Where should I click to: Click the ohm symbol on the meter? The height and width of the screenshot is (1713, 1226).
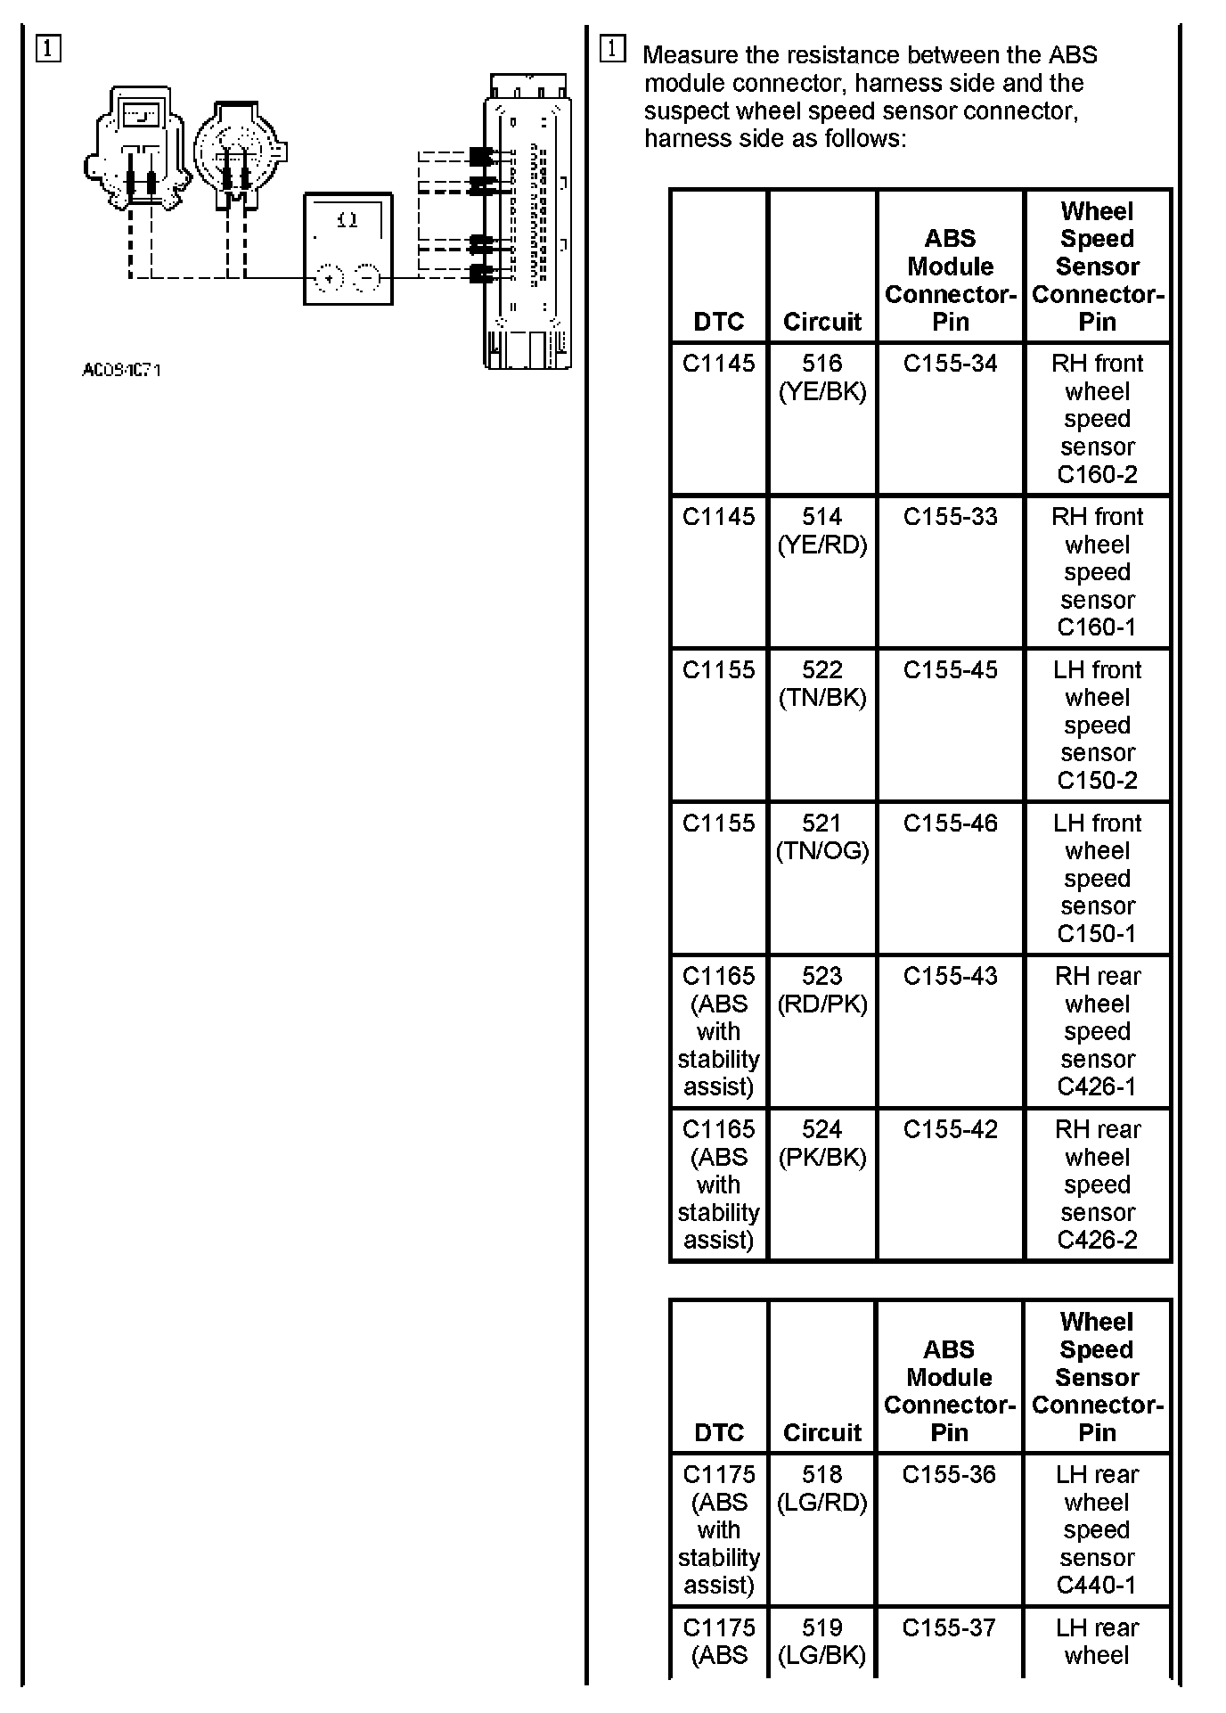point(348,219)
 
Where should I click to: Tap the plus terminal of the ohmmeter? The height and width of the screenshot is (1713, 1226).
point(329,278)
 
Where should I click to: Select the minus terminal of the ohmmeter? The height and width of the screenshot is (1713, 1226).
point(366,278)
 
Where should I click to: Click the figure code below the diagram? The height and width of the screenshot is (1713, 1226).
point(121,370)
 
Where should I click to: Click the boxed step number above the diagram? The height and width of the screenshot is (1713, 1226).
point(49,49)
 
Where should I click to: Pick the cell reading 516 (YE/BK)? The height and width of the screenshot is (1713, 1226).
point(821,378)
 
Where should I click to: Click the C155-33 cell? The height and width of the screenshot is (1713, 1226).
point(950,517)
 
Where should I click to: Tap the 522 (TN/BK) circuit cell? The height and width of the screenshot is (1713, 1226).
point(821,684)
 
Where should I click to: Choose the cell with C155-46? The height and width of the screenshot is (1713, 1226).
point(950,824)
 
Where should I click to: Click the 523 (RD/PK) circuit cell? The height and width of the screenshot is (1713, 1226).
point(821,990)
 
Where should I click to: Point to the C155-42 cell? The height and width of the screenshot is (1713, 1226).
point(950,1130)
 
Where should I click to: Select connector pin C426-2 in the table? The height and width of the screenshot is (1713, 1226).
point(1097,1240)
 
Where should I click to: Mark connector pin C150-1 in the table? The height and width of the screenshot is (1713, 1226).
point(1097,933)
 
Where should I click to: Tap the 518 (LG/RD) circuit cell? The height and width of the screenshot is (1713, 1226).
point(821,1488)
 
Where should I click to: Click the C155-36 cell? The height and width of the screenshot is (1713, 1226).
point(949,1475)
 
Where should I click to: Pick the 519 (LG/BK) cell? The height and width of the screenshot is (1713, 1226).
point(821,1642)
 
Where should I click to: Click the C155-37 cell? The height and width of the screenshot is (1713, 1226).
point(949,1628)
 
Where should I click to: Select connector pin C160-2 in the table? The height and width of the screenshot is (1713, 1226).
point(1097,474)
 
